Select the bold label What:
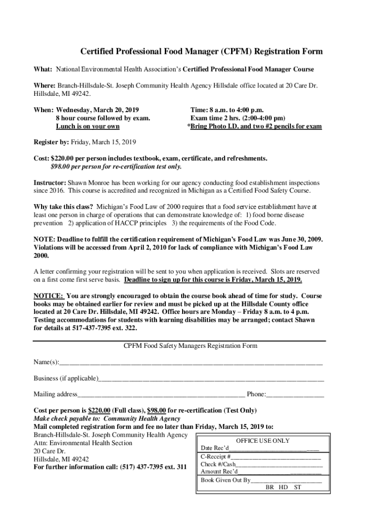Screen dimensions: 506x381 point(43,69)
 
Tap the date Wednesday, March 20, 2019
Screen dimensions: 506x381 point(97,110)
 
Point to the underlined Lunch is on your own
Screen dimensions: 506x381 point(88,126)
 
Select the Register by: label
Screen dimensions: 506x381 point(51,142)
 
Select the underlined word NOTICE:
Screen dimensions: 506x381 point(48,296)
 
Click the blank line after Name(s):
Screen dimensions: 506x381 point(191,363)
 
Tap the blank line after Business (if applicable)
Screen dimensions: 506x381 point(211,379)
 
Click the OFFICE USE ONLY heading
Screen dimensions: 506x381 point(263,441)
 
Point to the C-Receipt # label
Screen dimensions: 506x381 point(216,457)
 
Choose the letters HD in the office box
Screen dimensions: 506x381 point(283,487)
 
